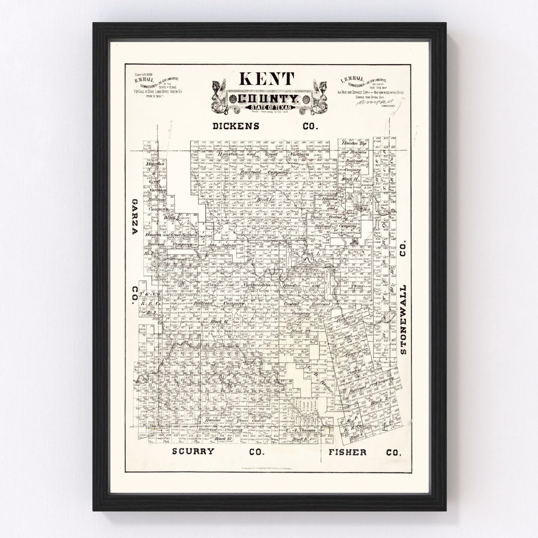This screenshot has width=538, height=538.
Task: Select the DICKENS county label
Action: coord(236,126)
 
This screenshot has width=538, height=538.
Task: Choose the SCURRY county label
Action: coord(193,452)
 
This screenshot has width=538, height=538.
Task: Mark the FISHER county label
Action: coord(348,452)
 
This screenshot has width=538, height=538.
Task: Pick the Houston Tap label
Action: coord(353,143)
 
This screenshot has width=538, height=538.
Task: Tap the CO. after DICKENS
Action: coord(309,126)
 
